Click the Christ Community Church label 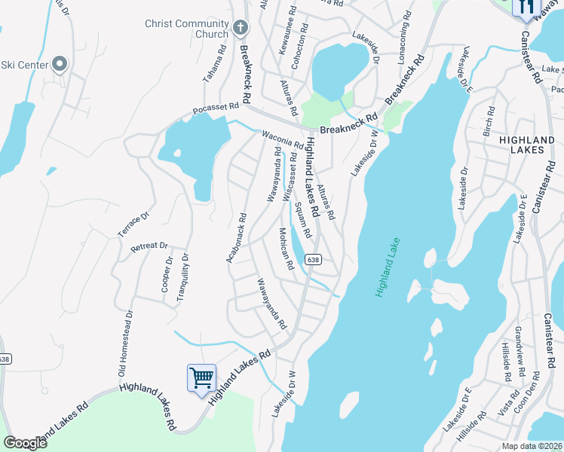186,29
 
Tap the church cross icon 241,29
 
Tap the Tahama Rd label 216,65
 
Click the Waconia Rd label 282,139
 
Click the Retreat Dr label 149,247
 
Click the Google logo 25,442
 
